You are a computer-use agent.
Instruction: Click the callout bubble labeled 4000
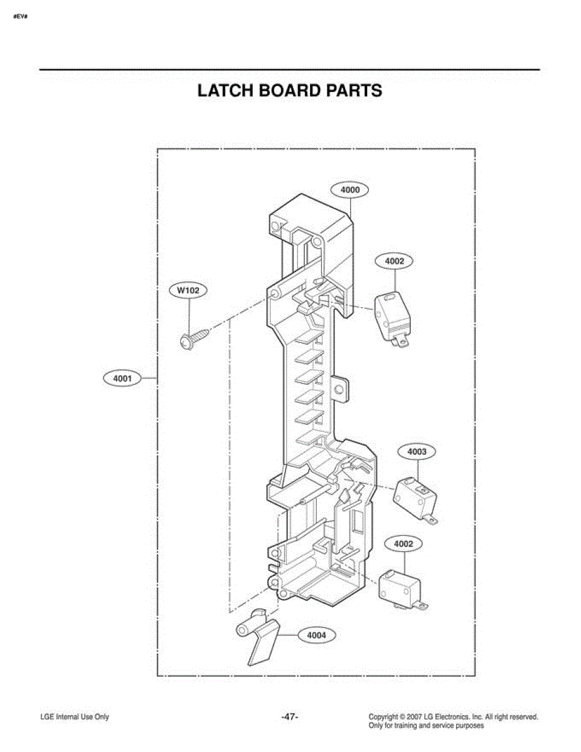tap(349, 190)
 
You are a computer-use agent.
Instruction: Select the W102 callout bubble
tap(188, 290)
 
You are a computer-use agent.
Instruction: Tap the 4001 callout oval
tap(122, 379)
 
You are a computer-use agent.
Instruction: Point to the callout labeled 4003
tap(417, 452)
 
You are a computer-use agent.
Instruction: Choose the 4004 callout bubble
tap(317, 635)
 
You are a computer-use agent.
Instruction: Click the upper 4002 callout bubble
tap(394, 261)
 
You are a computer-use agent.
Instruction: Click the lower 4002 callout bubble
tap(403, 544)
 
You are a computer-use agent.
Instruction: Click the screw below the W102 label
tap(195, 339)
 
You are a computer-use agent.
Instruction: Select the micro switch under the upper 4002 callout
tap(393, 319)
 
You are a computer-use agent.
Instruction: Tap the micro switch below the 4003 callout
tap(415, 499)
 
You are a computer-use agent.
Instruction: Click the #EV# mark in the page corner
tap(21, 16)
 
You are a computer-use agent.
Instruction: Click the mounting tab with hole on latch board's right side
tap(339, 389)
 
